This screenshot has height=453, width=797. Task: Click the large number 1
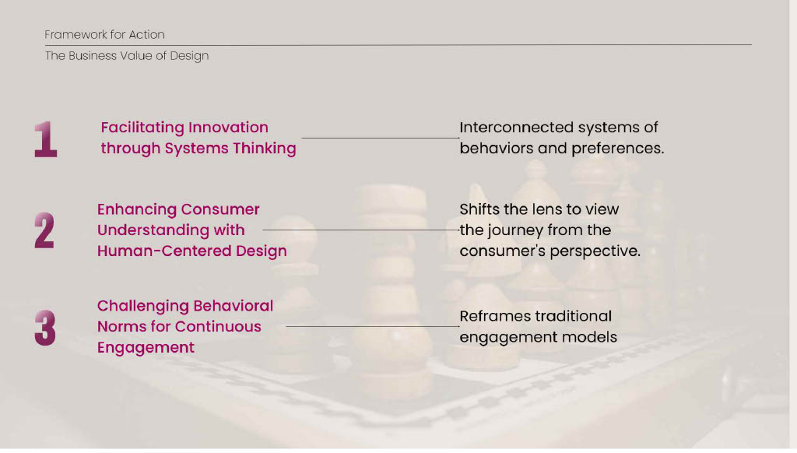coord(46,139)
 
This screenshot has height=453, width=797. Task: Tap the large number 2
coord(44,230)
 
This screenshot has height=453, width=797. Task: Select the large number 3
coord(44,328)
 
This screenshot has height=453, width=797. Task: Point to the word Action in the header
coord(146,34)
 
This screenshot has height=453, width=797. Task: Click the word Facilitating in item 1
coord(141,127)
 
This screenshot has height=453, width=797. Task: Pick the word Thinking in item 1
coord(265,148)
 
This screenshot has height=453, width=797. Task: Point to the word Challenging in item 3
coord(143,306)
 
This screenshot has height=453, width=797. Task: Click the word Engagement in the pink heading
coord(146,347)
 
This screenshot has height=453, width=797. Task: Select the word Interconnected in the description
coord(517,127)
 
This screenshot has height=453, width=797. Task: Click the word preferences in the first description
coord(617,149)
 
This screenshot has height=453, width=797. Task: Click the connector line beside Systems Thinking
coord(381,138)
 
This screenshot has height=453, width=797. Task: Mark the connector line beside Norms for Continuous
coord(373,326)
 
